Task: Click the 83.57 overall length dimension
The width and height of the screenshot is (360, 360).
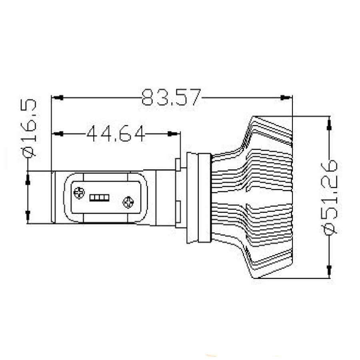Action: pyautogui.click(x=171, y=97)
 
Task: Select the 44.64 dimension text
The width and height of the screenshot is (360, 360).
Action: pyautogui.click(x=116, y=133)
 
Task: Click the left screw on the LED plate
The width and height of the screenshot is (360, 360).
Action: pyautogui.click(x=79, y=193)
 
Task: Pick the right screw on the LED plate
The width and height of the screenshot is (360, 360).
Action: pyautogui.click(x=128, y=202)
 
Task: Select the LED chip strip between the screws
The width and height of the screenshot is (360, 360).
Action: pyautogui.click(x=99, y=198)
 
